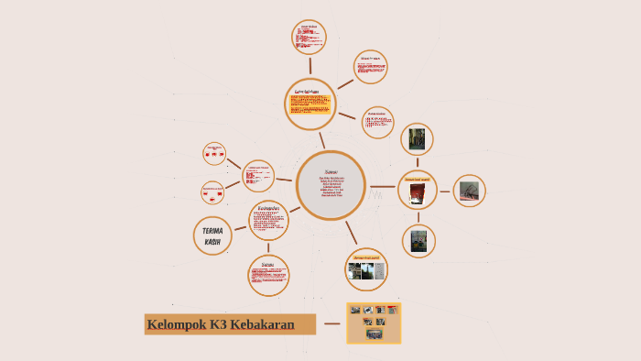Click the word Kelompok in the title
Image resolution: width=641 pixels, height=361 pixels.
pos(177,324)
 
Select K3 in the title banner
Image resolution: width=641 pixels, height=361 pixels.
pos(218,324)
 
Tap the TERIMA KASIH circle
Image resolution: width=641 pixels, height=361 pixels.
pos(212,235)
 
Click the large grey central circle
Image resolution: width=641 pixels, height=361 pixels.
pos(331,185)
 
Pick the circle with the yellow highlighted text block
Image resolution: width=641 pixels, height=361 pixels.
pos(310,104)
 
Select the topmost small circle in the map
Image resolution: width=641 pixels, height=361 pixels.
pos(309,38)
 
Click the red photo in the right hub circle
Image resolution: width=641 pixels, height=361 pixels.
pos(418,192)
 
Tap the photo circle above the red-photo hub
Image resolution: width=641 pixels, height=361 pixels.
pos(418,139)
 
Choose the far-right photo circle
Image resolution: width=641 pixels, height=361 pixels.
pos(469,191)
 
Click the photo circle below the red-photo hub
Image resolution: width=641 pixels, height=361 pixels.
pos(418,241)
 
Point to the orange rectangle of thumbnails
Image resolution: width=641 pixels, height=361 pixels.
pos(374,323)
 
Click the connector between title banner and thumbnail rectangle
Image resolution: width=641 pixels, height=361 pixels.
pos(331,323)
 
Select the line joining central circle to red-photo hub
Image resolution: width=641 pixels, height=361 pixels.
pos(382,187)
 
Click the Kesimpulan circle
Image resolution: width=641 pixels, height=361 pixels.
pos(268,220)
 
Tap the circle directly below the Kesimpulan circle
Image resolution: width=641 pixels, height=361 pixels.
pos(268,275)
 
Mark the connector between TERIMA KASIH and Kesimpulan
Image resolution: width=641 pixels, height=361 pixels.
pos(240,227)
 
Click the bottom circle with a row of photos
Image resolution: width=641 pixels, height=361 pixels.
pos(366,270)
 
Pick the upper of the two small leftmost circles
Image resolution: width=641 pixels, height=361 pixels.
pos(214,153)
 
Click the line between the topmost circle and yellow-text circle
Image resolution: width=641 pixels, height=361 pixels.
pos(310,65)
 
